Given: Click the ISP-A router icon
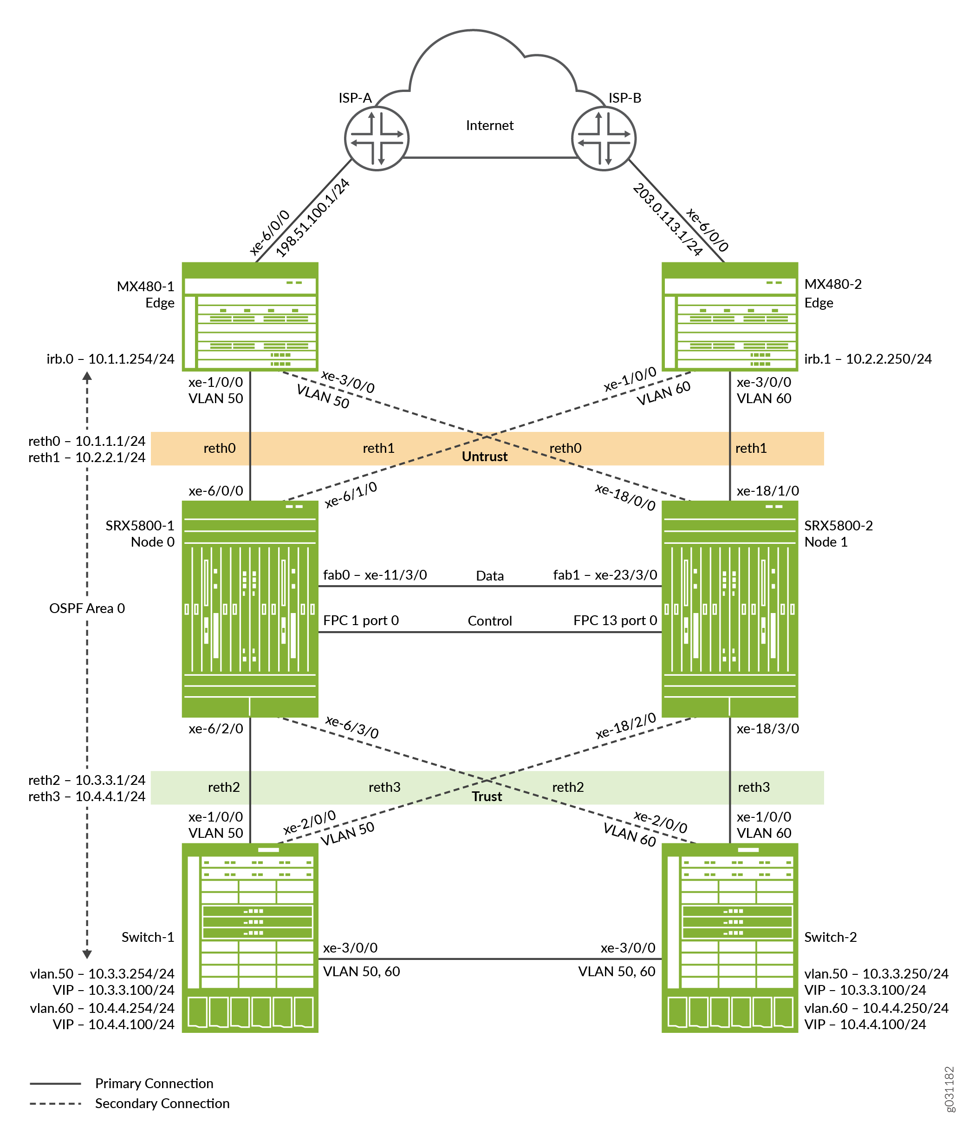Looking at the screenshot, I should point(377,138).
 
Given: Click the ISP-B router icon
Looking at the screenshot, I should point(604,138).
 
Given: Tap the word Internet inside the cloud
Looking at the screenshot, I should point(489,126).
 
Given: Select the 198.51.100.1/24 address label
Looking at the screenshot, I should point(312,218).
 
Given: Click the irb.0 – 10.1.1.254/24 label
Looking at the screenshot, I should point(110,359).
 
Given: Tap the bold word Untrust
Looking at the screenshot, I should point(484,457).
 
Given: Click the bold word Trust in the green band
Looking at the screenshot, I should point(487,796).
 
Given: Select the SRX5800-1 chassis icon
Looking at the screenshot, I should point(250,608).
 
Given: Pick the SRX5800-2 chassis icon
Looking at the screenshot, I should point(730,608).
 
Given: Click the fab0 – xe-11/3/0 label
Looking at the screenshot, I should point(375,575).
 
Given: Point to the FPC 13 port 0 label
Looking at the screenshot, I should point(615,620).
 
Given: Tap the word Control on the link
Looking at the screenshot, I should point(489,621).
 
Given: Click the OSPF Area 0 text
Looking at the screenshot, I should point(87,608).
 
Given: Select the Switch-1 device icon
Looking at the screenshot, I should point(250,938).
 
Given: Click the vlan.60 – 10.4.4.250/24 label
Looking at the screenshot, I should point(877,1008).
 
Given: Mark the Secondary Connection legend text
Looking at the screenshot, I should point(162,1103).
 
